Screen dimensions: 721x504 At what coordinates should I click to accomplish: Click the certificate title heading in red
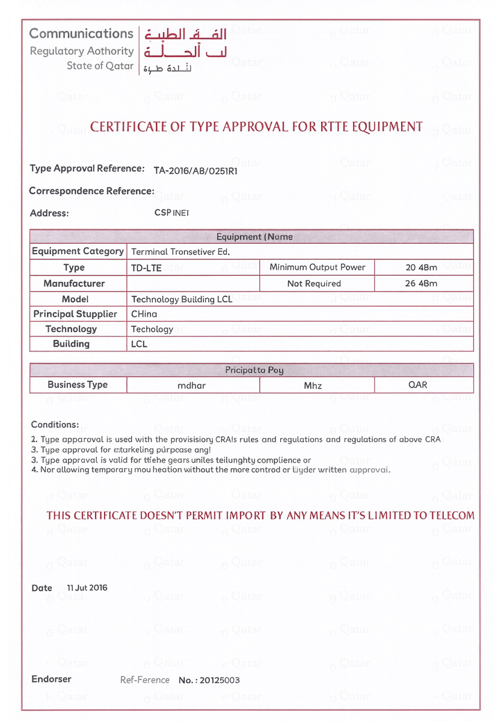pos(256,127)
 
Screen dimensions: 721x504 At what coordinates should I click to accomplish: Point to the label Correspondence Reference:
pos(92,191)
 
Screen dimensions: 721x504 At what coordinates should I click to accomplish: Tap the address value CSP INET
pos(171,213)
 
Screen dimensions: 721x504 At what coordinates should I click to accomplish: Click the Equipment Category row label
pos(78,252)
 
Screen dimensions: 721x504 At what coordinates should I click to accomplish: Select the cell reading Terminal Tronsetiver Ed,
pos(180,252)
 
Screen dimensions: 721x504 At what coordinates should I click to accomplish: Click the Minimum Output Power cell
pos(318,267)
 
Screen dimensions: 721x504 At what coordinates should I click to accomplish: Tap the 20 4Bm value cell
pos(421,267)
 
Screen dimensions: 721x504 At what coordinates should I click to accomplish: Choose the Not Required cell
pos(315,284)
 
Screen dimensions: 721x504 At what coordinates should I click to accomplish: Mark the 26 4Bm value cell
pos(421,284)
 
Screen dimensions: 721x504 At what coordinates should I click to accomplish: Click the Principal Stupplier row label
pos(75,314)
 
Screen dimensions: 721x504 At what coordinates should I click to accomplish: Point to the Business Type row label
pos(78,385)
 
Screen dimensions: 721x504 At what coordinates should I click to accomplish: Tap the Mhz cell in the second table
pos(313,386)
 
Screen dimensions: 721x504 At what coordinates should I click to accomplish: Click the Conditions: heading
pos(55,425)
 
